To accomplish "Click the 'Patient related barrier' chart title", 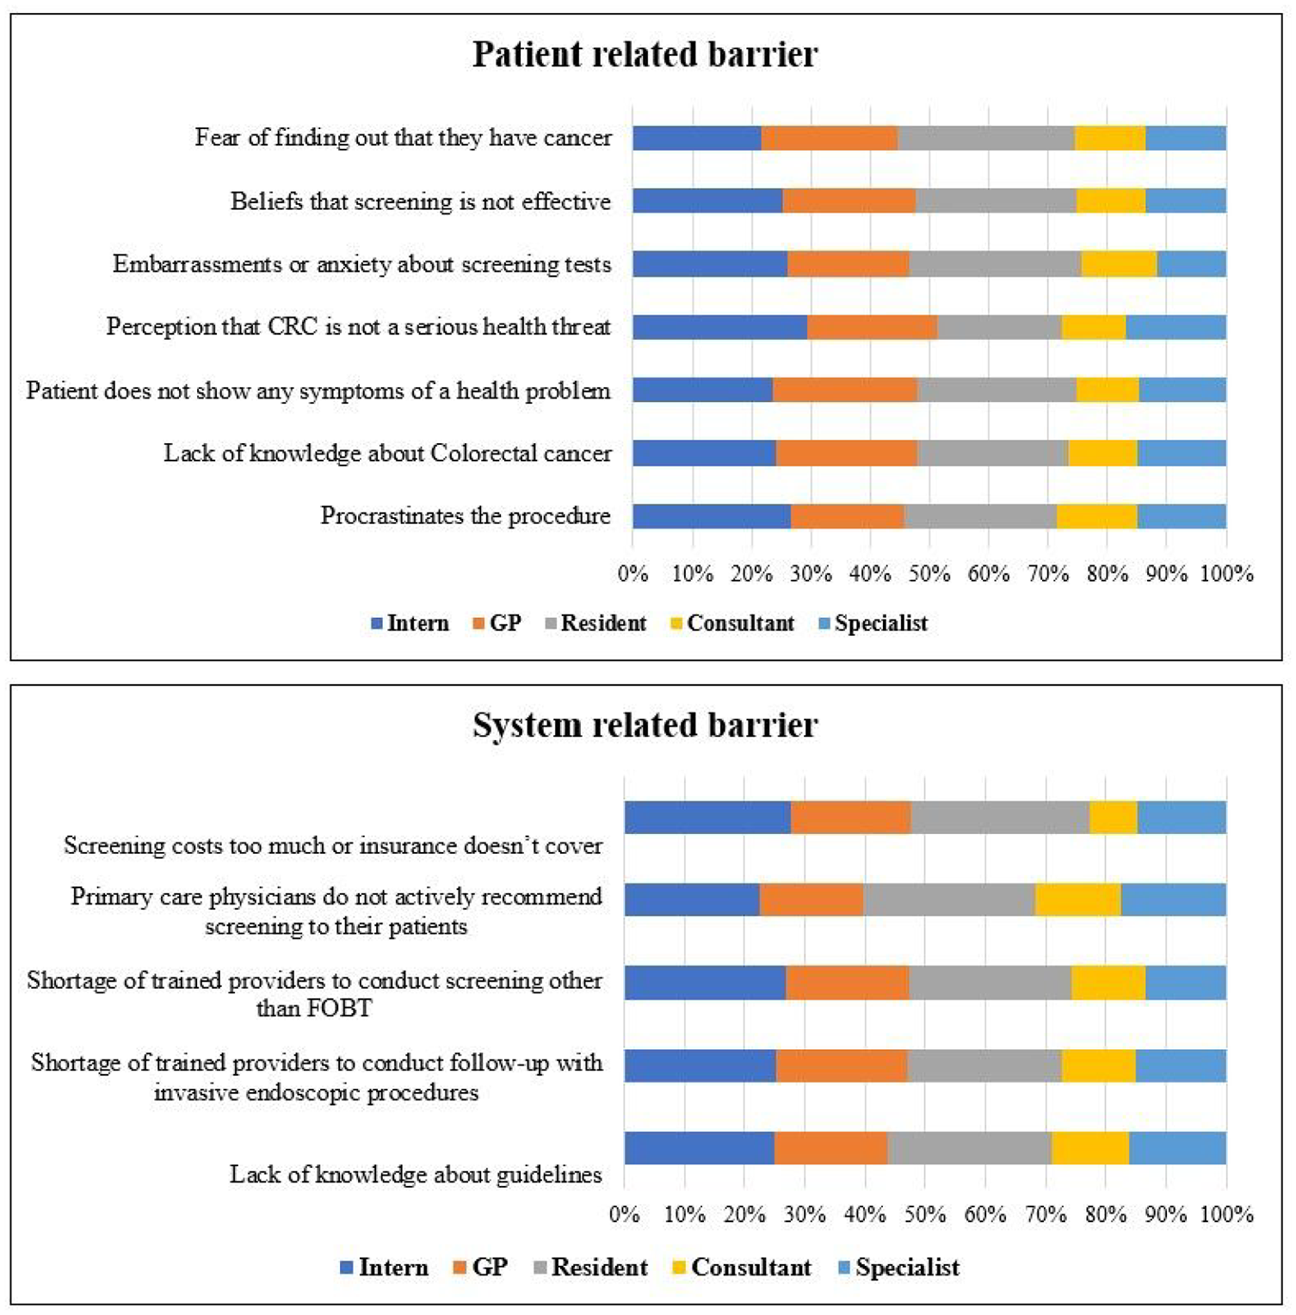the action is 645,54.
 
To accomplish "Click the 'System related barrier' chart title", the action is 645,725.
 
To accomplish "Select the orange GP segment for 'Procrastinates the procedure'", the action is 848,516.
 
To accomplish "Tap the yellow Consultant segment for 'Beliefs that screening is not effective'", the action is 1111,201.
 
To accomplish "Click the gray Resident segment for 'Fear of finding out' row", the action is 986,138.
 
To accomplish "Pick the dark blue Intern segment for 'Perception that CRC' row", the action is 720,327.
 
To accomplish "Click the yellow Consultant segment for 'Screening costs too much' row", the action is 1114,818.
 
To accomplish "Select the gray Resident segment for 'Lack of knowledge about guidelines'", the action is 970,1148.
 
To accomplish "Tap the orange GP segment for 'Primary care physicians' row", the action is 812,899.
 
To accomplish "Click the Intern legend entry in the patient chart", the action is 410,623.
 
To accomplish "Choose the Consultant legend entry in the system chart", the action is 741,1267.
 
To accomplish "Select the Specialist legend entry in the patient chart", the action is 873,623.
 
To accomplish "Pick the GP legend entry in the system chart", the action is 480,1267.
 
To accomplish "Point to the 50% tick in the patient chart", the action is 929,573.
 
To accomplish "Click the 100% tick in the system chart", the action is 1226,1214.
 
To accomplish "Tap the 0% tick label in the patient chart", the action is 633,573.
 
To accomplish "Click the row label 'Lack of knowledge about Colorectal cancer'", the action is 387,453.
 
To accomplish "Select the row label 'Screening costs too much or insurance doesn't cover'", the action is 333,845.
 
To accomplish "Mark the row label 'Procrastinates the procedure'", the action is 466,516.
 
